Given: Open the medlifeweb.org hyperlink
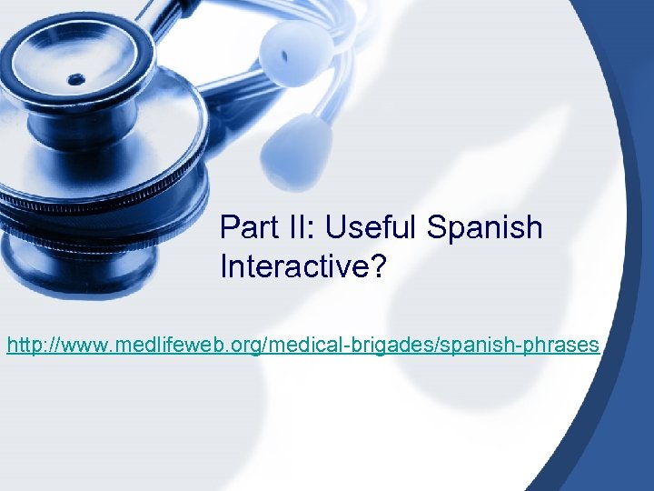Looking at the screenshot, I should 302,346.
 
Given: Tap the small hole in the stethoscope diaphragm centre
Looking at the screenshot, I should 75,79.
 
